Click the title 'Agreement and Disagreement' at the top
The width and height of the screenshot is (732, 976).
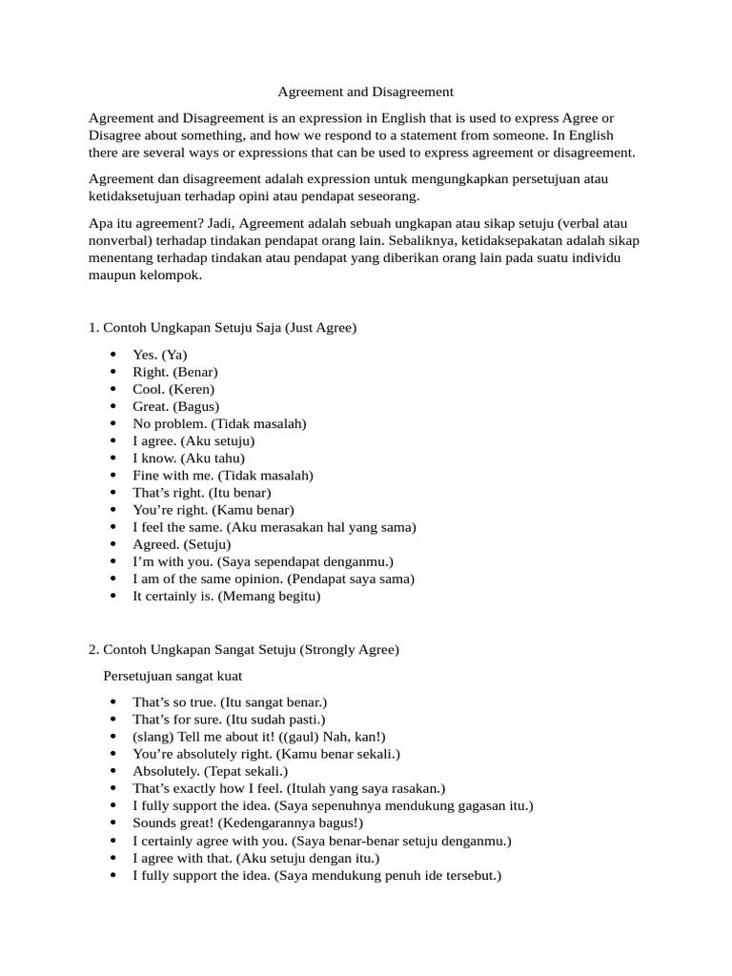[x=365, y=92]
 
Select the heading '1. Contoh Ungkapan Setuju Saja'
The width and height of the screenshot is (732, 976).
[x=222, y=328]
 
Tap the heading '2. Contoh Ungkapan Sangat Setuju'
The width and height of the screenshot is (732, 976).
[x=244, y=650]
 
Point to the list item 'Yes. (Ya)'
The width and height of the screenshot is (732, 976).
[x=160, y=355]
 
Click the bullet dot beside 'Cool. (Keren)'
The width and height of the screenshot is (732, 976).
[x=113, y=389]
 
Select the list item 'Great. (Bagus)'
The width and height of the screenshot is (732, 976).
[x=175, y=406]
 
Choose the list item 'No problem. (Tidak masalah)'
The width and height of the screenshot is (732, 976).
[x=219, y=423]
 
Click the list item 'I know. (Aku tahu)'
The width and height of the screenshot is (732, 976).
[x=189, y=457]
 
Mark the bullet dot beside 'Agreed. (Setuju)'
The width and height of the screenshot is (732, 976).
[x=113, y=544]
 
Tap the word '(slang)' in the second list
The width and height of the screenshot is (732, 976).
[x=153, y=737]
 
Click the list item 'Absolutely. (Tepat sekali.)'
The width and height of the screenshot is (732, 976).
[x=210, y=771]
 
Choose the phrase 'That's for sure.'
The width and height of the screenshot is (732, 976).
[x=179, y=720]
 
